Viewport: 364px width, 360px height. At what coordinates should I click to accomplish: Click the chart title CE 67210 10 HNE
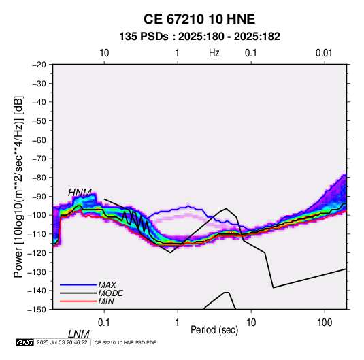coord(199,19)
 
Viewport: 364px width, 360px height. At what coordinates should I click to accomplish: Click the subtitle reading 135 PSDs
coord(144,37)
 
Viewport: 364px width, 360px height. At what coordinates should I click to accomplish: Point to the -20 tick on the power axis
coord(39,65)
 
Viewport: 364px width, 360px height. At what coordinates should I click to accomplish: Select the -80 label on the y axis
coord(39,178)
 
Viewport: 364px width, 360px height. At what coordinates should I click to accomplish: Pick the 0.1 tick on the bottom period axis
coord(104,323)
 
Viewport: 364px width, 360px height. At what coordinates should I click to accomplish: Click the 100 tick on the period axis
coord(325,323)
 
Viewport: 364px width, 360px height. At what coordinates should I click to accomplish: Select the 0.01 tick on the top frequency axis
coord(324,53)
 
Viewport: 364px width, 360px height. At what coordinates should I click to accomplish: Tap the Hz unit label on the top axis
coord(214,53)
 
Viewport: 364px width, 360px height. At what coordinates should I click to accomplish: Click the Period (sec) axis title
coord(214,330)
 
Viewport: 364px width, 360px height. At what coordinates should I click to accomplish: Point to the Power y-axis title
coord(18,186)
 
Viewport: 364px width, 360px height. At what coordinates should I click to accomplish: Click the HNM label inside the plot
coord(80,193)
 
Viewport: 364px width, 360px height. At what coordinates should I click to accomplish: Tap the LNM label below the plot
coord(79,334)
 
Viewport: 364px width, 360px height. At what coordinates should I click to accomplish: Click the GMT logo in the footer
coord(24,342)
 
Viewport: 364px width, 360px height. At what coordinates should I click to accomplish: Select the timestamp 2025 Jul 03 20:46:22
coord(62,342)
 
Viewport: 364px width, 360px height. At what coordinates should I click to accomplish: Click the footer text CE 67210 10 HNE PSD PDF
coord(125,342)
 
